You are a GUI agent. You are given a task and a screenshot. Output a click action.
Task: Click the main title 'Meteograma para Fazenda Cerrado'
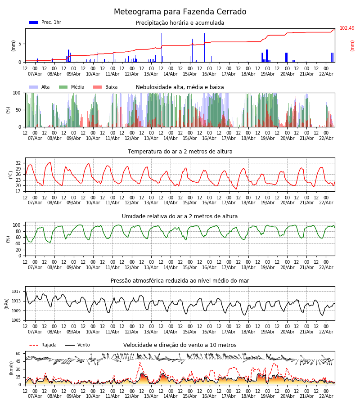coord(180,12)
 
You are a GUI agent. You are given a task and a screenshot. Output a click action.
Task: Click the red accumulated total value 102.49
coord(347,28)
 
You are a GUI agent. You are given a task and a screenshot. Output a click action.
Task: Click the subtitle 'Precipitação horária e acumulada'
coord(180,23)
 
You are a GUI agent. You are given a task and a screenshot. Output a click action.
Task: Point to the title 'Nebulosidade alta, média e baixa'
coord(180,87)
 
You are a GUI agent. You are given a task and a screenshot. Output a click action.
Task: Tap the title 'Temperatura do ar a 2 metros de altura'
coord(180,152)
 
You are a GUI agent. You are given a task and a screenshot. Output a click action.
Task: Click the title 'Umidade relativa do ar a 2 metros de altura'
coord(180,216)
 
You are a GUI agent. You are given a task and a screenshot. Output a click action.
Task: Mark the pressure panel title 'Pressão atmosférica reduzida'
coord(180,281)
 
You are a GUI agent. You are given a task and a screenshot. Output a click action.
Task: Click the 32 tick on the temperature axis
coord(18,163)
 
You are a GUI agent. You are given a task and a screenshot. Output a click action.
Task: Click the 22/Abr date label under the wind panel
coord(326,396)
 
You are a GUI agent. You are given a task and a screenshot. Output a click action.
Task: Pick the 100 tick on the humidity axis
coord(17,225)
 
